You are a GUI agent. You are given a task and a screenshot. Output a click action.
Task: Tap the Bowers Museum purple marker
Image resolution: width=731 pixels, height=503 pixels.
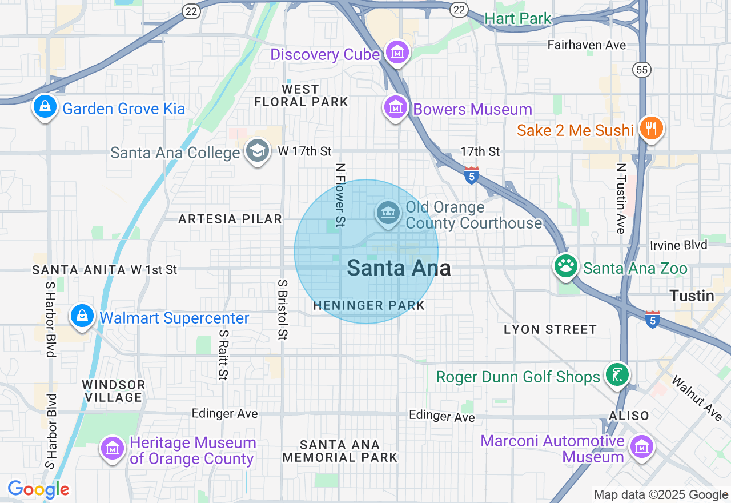tap(395, 107)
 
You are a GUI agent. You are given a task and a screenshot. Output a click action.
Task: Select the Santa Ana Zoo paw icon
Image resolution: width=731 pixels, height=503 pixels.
tap(565, 266)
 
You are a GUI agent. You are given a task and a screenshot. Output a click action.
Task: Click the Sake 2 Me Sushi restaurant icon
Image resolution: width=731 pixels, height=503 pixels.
tap(650, 127)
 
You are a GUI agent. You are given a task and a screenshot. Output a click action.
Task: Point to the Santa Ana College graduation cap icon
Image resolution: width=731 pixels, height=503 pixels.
tap(258, 151)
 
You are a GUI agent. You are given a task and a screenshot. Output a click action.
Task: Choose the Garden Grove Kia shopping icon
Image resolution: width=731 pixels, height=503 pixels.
tap(45, 106)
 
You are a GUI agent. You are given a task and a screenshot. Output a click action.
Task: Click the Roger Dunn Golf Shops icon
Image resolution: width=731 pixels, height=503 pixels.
tap(617, 375)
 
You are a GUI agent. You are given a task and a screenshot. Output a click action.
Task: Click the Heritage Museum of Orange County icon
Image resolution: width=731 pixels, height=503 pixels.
tap(113, 448)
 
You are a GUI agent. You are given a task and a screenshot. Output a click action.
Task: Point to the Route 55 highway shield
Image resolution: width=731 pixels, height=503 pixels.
tap(641, 70)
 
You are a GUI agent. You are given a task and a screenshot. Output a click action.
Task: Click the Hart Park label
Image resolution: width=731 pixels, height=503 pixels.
tap(518, 19)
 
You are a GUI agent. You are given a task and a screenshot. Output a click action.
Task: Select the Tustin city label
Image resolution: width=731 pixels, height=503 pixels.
tap(692, 296)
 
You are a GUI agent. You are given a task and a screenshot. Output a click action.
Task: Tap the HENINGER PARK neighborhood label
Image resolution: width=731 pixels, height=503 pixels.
tap(369, 306)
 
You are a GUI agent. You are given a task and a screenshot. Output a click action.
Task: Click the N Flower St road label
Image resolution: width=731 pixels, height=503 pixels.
tap(340, 194)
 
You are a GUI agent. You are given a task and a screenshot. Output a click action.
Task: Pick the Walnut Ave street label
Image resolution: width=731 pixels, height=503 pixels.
tap(697, 398)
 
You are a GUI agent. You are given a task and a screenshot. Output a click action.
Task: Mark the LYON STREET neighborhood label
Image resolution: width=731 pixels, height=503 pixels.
tap(550, 329)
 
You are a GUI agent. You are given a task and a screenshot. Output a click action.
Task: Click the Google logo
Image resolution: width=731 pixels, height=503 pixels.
tap(38, 489)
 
